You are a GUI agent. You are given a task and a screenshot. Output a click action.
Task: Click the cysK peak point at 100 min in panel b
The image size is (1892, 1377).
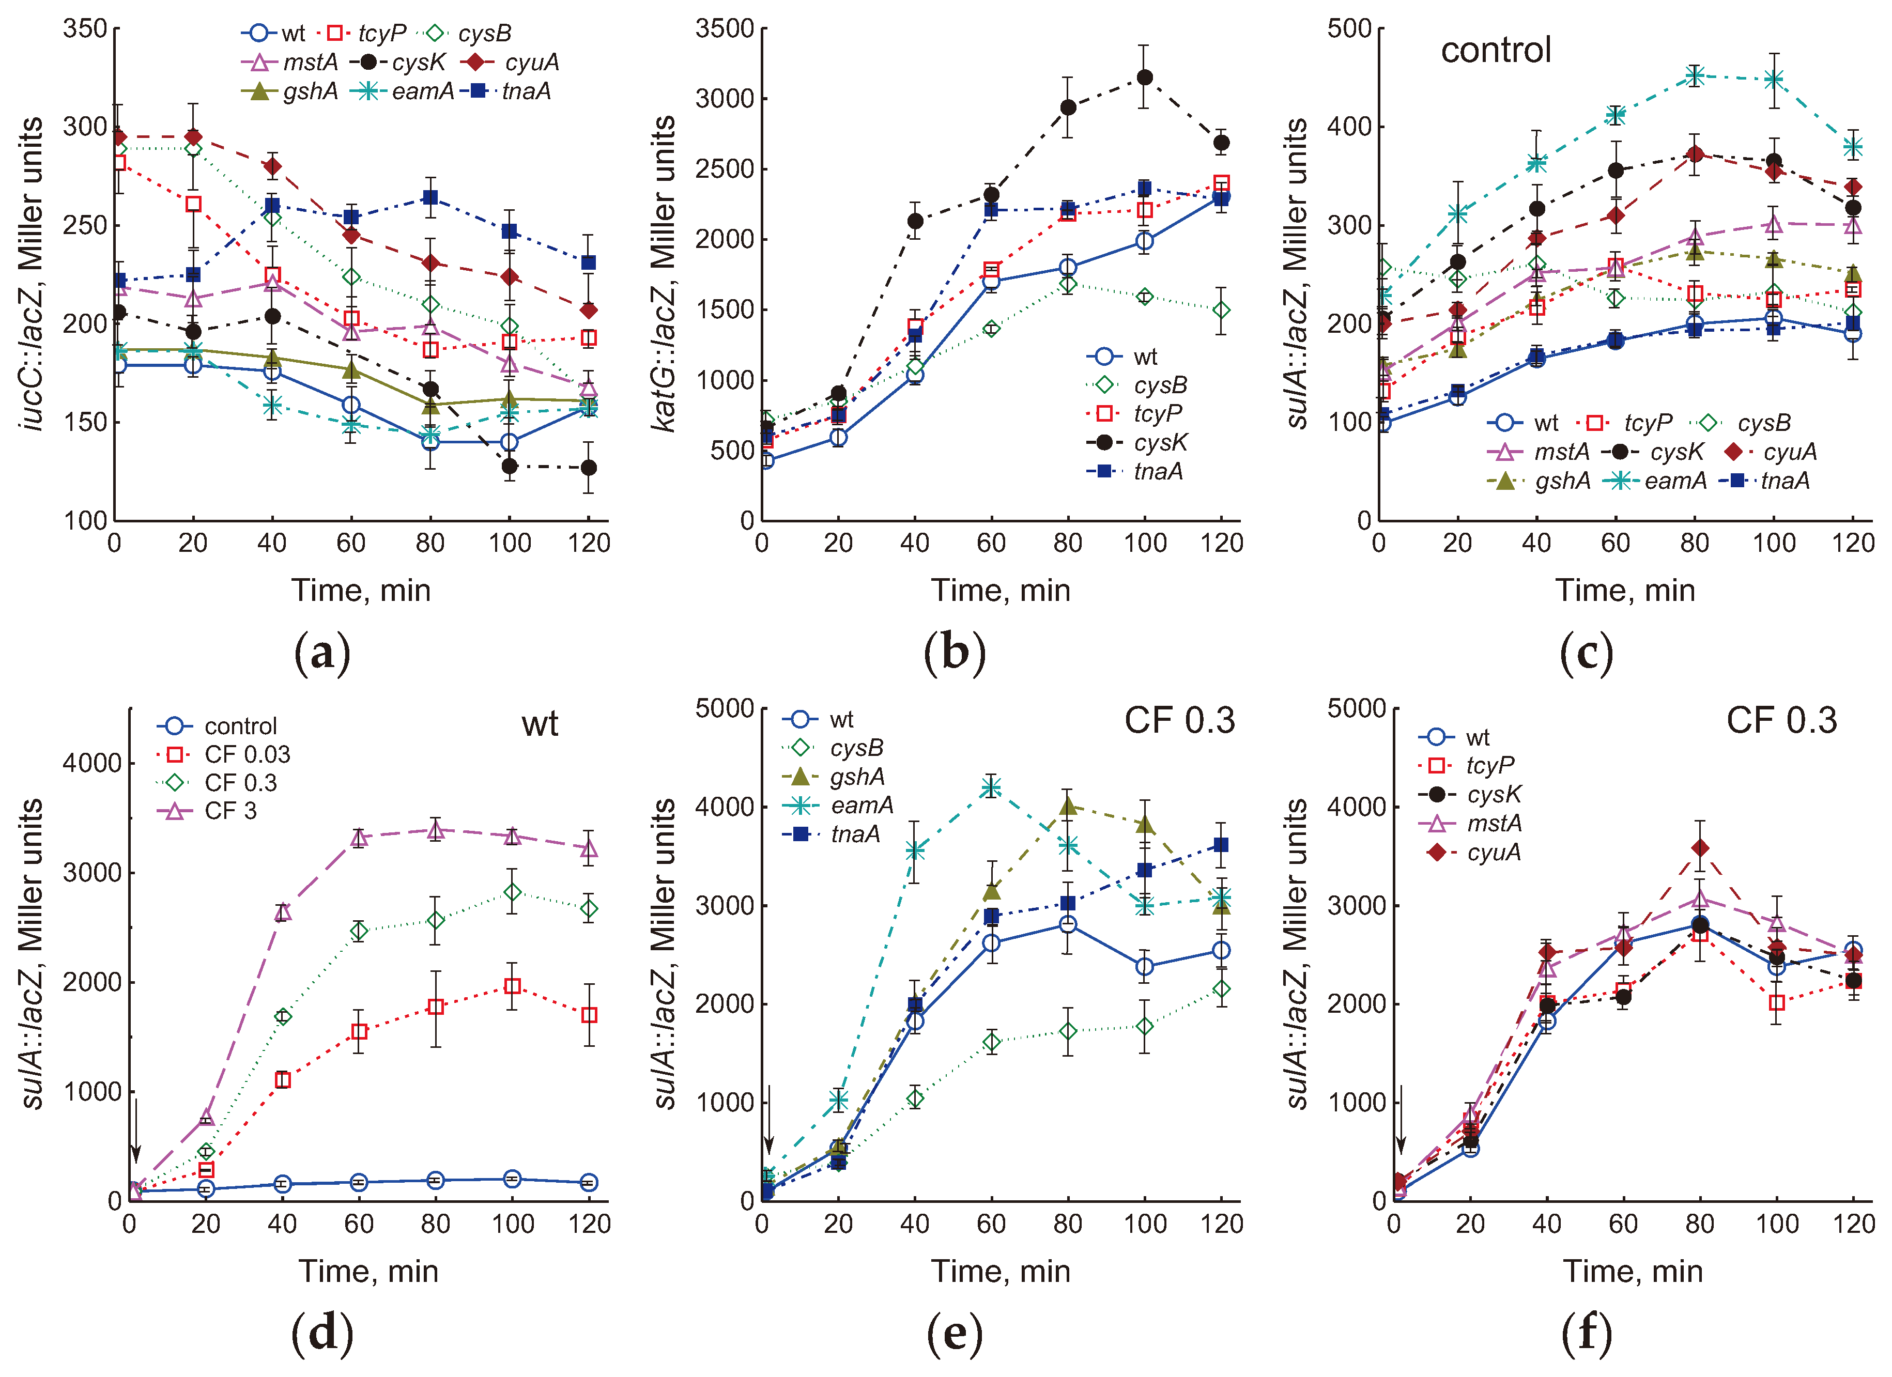pos(1145,78)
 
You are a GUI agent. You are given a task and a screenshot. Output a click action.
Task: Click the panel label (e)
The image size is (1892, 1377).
pos(955,1333)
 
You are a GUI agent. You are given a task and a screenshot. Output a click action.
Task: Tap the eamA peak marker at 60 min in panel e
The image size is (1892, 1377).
pos(991,787)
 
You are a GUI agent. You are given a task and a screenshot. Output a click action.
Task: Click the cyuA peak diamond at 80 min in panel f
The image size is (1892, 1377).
pos(1699,848)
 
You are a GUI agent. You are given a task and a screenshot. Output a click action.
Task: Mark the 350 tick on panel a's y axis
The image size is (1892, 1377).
pos(85,29)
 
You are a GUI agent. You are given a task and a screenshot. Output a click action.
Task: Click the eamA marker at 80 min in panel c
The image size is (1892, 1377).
pos(1694,76)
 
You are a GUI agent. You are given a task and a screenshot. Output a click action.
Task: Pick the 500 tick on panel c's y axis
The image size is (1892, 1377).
pos(1349,29)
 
